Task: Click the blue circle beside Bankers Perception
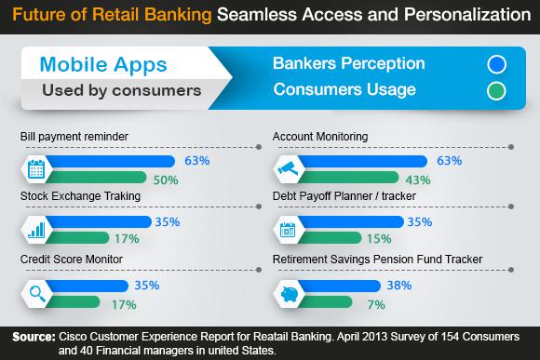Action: click(495, 65)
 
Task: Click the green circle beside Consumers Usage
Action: click(495, 90)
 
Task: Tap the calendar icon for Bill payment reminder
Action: click(35, 169)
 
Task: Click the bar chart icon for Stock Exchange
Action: click(35, 230)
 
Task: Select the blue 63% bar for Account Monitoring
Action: click(363, 161)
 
